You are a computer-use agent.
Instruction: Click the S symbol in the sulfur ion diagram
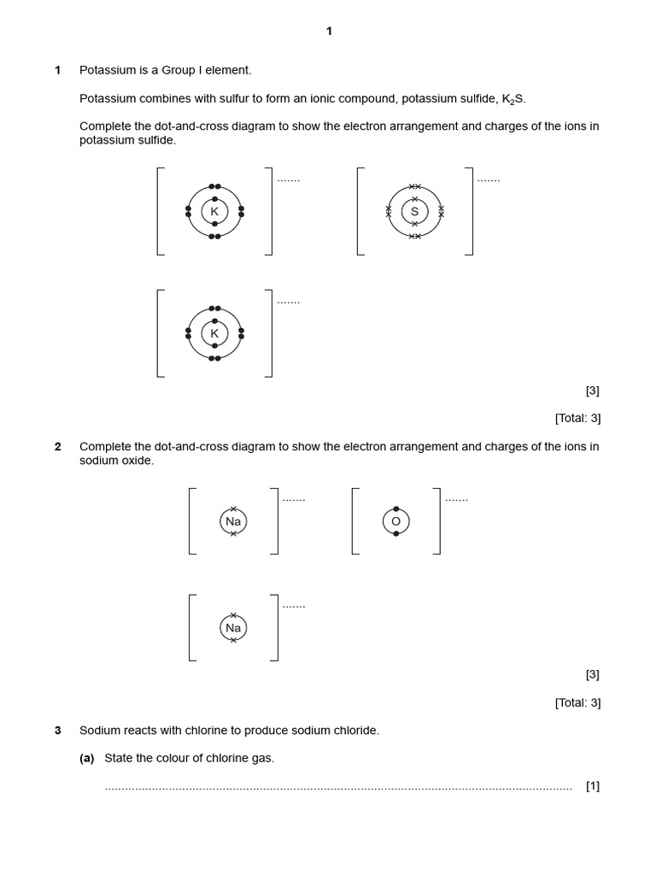pos(415,211)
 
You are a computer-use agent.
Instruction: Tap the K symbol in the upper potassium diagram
pos(214,211)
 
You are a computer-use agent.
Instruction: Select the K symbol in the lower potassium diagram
pos(214,333)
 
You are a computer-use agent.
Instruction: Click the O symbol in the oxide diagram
pos(396,521)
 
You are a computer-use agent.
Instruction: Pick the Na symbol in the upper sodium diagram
pos(233,521)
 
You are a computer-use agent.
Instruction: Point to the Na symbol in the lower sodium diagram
pos(233,628)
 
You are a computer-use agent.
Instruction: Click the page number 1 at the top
pos(329,32)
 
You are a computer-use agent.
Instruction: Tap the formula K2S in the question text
pos(514,99)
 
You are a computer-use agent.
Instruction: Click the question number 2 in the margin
pos(58,447)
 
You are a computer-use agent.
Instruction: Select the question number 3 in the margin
pos(58,731)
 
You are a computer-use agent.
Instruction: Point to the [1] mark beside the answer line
pos(593,786)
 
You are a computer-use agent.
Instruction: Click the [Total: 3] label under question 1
pos(577,419)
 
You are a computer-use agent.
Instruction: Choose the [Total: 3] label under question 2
pos(577,703)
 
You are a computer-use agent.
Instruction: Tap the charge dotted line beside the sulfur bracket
pos(489,180)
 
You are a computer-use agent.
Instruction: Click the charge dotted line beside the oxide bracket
pos(456,499)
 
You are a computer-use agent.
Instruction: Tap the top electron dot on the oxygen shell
pos(396,509)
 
